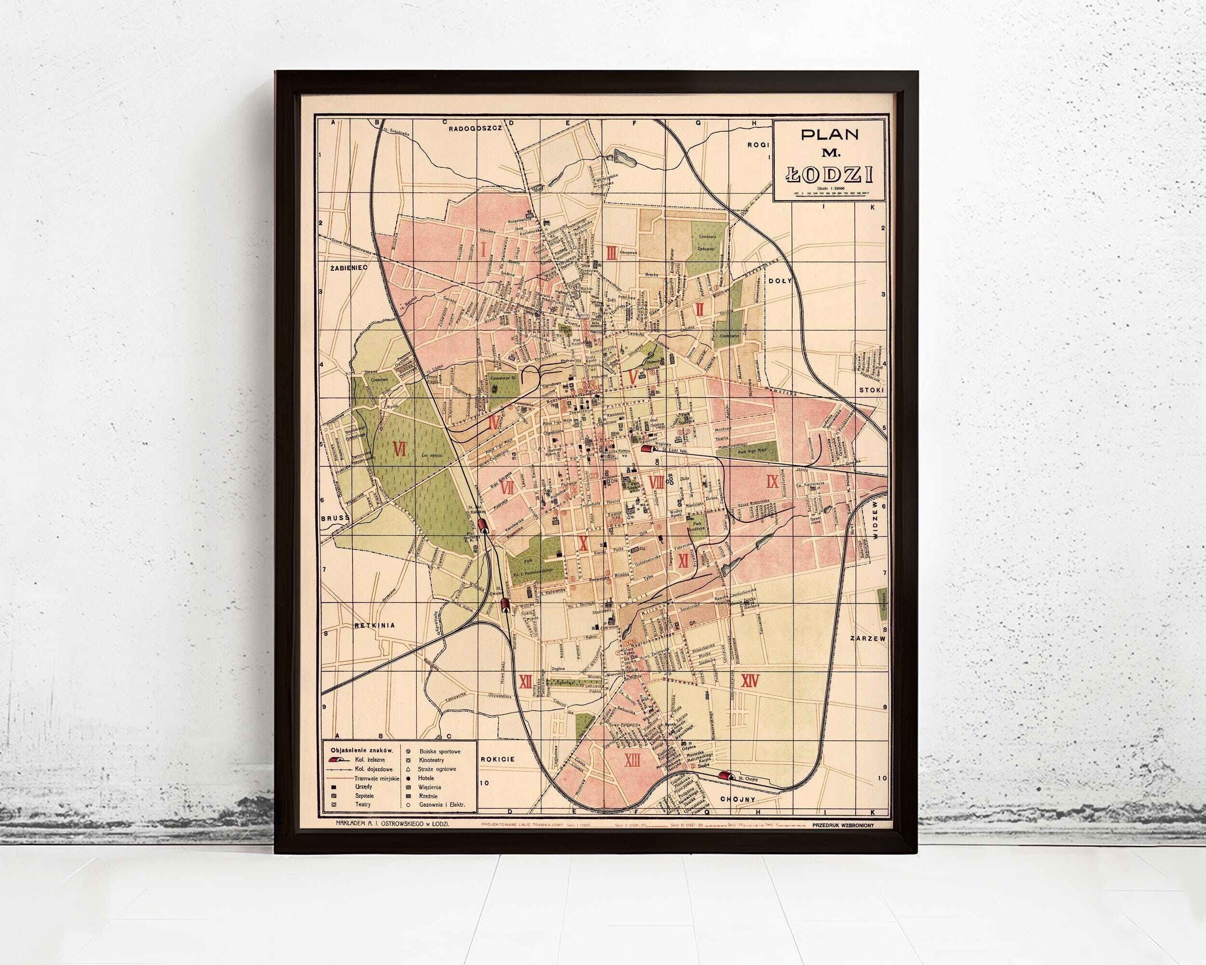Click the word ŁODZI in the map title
click(829, 175)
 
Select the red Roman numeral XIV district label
click(749, 696)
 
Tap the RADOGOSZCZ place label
click(477, 143)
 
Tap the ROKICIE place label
click(497, 759)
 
